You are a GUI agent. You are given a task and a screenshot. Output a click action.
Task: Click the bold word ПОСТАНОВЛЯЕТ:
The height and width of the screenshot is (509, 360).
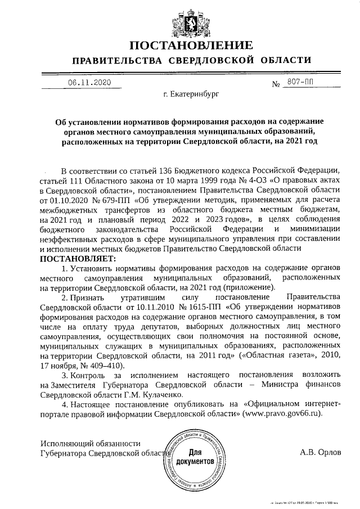coord(77,259)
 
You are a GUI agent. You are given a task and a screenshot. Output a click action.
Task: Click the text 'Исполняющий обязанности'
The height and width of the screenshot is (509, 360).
coord(91,444)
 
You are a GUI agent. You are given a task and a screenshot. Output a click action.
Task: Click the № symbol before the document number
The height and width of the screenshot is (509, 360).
coord(276,85)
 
